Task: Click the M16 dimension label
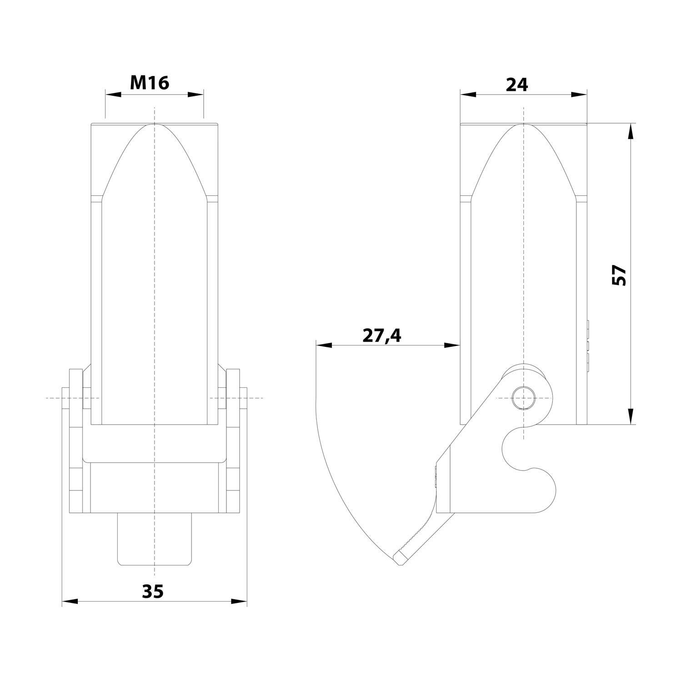150,83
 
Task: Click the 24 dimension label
517,85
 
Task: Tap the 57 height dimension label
620,275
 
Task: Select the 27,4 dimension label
382,336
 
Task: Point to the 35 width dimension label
152,592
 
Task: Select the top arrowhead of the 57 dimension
630,132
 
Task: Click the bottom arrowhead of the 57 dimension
630,416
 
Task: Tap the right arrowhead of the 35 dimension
239,601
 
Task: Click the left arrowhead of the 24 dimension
468,95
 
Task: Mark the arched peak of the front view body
155,125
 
